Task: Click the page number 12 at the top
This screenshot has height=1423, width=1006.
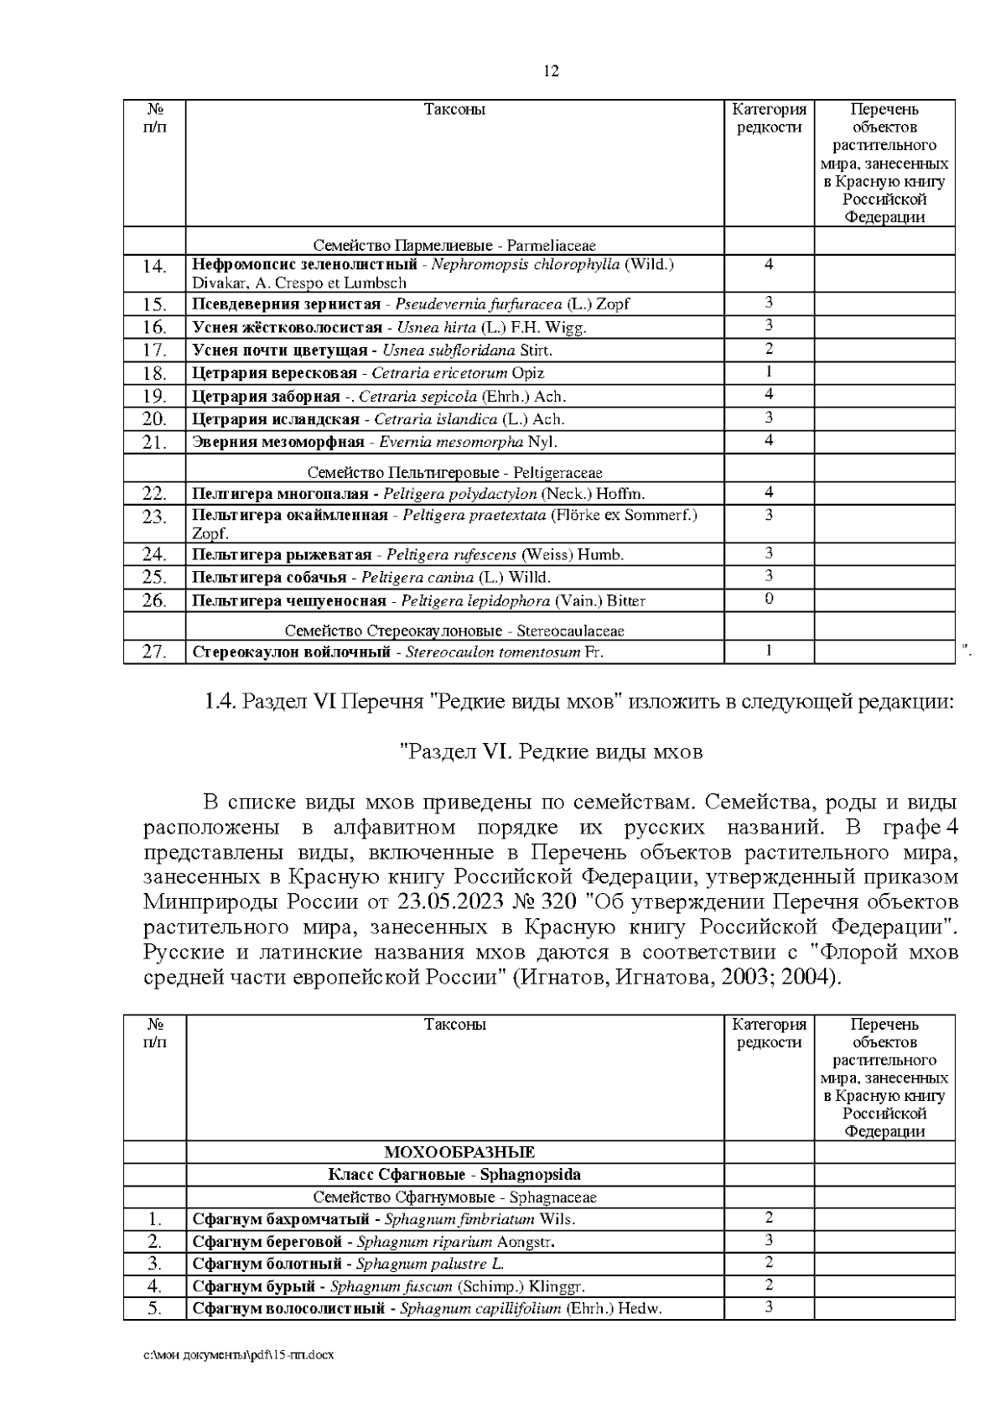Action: pyautogui.click(x=551, y=71)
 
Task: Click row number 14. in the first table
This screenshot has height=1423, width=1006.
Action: pyautogui.click(x=154, y=267)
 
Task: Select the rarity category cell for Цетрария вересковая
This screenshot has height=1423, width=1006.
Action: pyautogui.click(x=769, y=371)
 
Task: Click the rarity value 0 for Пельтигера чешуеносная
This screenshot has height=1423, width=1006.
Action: pyautogui.click(x=769, y=599)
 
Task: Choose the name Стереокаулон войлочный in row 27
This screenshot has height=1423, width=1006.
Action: pyautogui.click(x=291, y=652)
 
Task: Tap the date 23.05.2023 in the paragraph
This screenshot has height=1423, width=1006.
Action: pyautogui.click(x=446, y=901)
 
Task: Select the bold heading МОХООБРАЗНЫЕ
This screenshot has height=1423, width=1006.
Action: pyautogui.click(x=459, y=1152)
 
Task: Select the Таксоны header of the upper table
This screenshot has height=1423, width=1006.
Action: pyautogui.click(x=454, y=110)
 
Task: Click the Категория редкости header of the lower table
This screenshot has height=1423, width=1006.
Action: pyautogui.click(x=769, y=1033)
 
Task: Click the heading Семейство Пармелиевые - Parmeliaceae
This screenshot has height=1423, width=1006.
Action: pyautogui.click(x=454, y=246)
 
